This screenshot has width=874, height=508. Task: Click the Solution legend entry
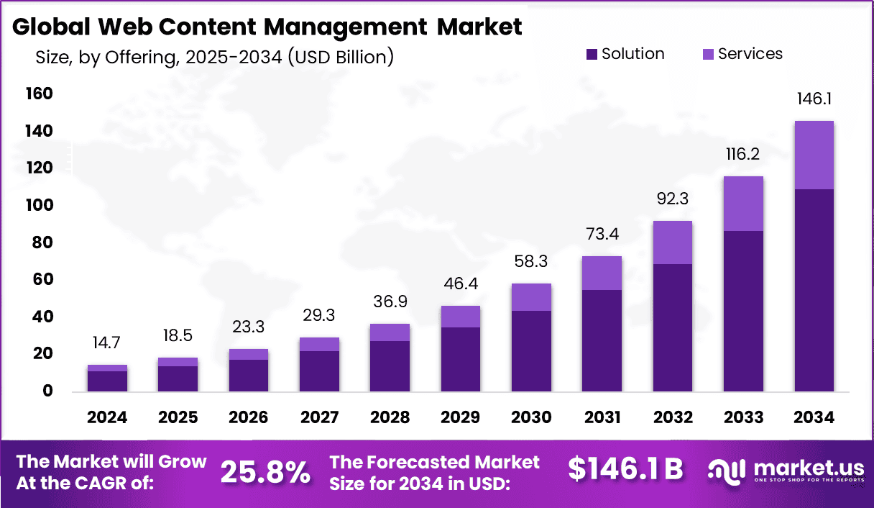(x=625, y=54)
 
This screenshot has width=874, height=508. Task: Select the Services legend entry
(x=741, y=54)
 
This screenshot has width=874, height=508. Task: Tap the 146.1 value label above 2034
(x=814, y=99)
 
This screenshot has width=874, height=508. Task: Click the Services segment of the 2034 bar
(x=814, y=155)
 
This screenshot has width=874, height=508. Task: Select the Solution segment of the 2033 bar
(x=743, y=311)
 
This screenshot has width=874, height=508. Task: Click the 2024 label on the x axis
(x=108, y=418)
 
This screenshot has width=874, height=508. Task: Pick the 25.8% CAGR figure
(x=265, y=472)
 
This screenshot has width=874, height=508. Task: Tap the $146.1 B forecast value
(x=625, y=469)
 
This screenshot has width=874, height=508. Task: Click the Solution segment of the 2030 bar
(x=531, y=351)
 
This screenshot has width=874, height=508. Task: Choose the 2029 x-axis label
(x=461, y=418)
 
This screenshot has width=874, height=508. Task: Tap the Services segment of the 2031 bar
(x=602, y=273)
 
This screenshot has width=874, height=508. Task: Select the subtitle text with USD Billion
(x=214, y=57)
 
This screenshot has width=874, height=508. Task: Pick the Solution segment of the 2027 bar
(x=319, y=371)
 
